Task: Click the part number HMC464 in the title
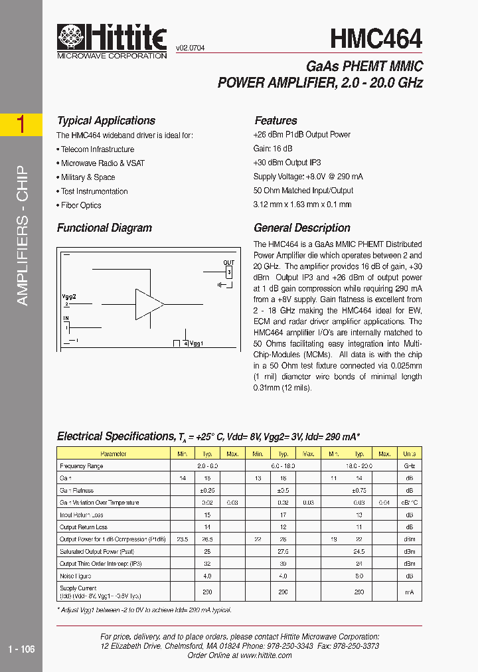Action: (375, 39)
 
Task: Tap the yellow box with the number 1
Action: (21, 125)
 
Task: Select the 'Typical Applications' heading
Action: (106, 121)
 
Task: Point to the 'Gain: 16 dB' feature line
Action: (273, 149)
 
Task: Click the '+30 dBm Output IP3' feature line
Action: (287, 163)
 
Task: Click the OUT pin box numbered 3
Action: (228, 272)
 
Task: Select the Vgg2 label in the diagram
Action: (69, 297)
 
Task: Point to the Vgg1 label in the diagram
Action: (197, 343)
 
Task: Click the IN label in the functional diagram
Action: (66, 319)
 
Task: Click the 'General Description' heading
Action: (302, 228)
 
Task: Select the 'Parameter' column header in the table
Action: (113, 454)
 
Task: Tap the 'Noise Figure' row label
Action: (75, 576)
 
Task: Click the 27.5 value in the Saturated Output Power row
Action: (283, 551)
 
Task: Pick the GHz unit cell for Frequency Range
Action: (409, 466)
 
